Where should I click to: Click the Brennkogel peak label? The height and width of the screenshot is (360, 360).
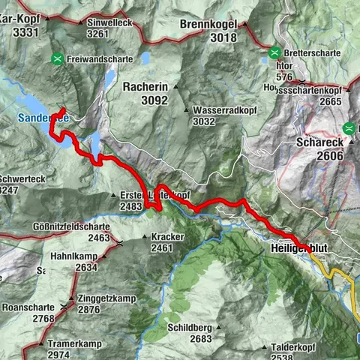click(x=209, y=23)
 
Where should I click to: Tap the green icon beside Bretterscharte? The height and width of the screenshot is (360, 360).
click(x=275, y=53)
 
